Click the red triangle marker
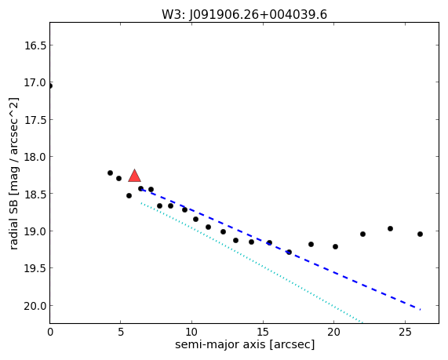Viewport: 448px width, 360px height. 135,176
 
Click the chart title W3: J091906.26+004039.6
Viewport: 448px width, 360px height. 244,14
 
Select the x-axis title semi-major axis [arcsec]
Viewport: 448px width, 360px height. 245,344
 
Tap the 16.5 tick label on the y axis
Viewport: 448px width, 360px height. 35,45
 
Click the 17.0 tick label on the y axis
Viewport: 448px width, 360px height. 35,82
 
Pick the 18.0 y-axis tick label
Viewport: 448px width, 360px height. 35,157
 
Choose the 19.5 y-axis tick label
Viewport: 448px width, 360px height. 35,268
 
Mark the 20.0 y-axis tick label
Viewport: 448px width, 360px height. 35,306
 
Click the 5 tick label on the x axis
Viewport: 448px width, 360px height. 121,332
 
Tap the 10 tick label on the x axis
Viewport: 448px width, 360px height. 191,332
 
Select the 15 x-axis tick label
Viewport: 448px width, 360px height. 263,332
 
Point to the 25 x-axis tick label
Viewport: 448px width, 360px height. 405,332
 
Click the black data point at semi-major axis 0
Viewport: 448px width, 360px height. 50,86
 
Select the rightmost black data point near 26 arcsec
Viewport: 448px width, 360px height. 420,234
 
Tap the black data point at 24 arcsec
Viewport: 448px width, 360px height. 390,228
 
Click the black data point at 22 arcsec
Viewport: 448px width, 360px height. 362,234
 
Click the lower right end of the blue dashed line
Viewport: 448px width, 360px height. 421,310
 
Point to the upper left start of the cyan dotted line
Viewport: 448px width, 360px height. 141,203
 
